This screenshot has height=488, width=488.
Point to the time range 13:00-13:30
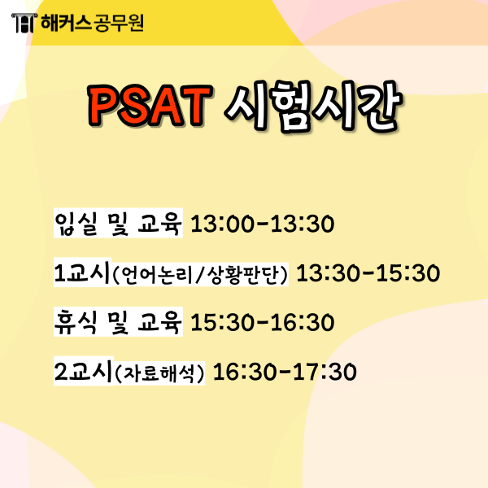262,224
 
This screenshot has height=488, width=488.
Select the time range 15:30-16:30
262,323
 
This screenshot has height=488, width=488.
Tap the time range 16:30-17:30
284,373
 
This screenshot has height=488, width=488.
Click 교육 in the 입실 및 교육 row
159,223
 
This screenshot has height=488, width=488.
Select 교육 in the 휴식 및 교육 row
159,322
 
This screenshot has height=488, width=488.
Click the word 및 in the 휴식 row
117,322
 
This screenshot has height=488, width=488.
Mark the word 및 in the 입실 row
117,223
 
